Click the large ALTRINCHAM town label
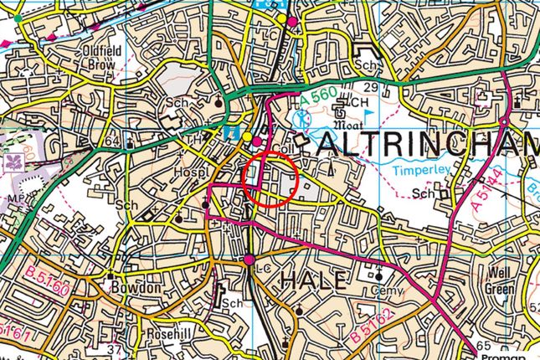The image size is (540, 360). click(x=427, y=146)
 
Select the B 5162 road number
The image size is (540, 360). click(x=371, y=324)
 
